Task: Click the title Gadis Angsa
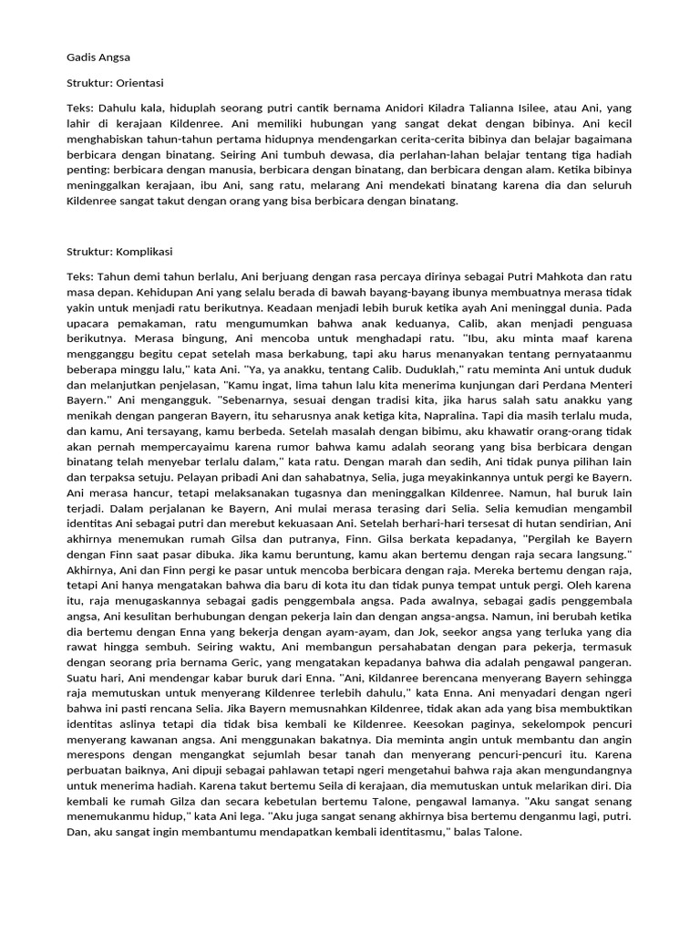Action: (x=98, y=57)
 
